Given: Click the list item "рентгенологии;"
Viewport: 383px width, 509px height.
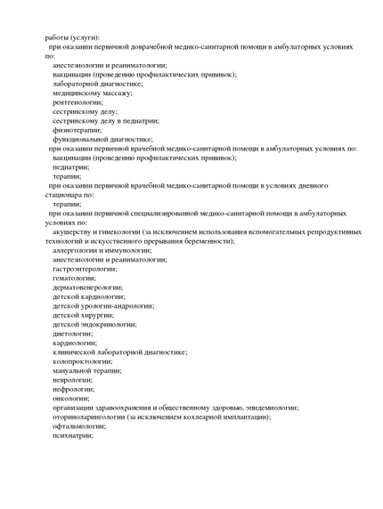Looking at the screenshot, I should tap(77, 101).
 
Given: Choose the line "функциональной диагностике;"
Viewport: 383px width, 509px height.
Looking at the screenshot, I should tap(102, 139).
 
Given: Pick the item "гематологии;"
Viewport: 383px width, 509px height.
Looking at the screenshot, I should tap(74, 278).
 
